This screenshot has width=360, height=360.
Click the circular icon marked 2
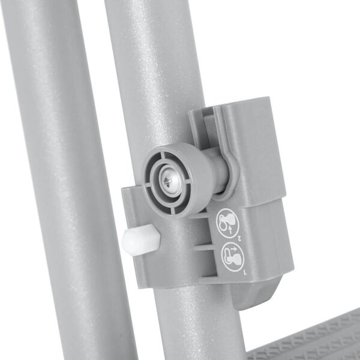coord(229,221)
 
